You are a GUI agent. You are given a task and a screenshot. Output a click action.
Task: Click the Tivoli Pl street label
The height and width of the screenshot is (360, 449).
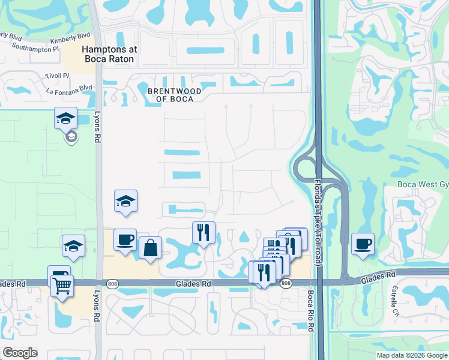[57, 76]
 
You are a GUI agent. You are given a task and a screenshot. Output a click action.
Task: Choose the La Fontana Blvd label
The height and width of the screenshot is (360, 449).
[69, 89]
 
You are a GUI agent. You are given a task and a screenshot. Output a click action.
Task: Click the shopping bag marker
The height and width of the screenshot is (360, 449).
[150, 247]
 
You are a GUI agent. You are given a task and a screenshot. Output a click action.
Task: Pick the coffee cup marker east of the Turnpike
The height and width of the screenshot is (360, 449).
[363, 244]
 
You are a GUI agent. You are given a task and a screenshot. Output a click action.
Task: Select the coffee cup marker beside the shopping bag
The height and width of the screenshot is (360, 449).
[125, 240]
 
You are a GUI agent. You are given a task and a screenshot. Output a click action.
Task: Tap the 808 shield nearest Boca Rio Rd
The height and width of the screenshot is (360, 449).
[286, 283]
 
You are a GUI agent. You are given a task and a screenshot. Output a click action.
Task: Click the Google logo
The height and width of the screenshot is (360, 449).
[20, 353]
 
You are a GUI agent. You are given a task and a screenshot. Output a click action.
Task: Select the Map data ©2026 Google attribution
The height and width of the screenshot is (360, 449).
[411, 355]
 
